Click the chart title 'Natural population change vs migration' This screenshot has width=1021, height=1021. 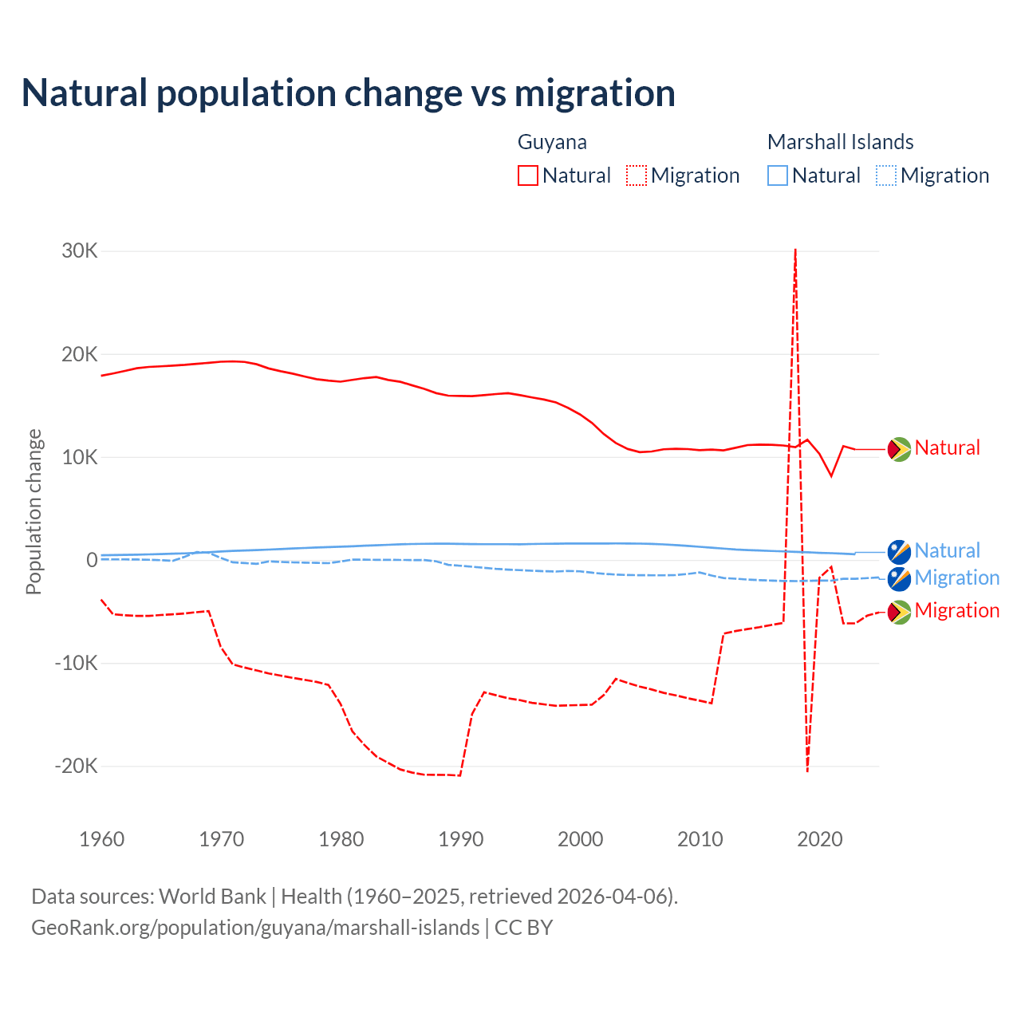point(349,93)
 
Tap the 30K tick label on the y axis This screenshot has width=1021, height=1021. point(80,251)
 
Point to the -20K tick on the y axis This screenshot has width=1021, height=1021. point(77,767)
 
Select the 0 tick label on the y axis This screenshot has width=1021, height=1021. point(92,560)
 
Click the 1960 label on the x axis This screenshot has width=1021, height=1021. point(102,839)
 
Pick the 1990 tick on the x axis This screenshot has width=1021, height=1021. point(461,839)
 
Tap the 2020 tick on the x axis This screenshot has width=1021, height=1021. point(820,839)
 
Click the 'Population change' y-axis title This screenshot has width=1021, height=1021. point(34,511)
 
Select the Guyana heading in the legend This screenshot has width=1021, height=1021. point(552,142)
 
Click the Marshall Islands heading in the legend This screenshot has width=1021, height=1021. point(840,142)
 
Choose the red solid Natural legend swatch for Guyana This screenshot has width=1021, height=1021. point(528,175)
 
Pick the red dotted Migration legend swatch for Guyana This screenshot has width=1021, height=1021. point(637,175)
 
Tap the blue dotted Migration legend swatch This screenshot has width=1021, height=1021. point(886,175)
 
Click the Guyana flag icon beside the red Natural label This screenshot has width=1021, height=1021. point(900,449)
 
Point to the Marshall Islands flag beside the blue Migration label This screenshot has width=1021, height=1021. point(900,578)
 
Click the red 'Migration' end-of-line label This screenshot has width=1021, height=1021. point(956,611)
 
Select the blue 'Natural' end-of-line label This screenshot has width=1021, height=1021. point(947,551)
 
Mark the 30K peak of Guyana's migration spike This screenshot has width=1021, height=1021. point(795,250)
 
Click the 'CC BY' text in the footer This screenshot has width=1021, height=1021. point(523,928)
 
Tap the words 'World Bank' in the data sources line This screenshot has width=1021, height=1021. point(212,897)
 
